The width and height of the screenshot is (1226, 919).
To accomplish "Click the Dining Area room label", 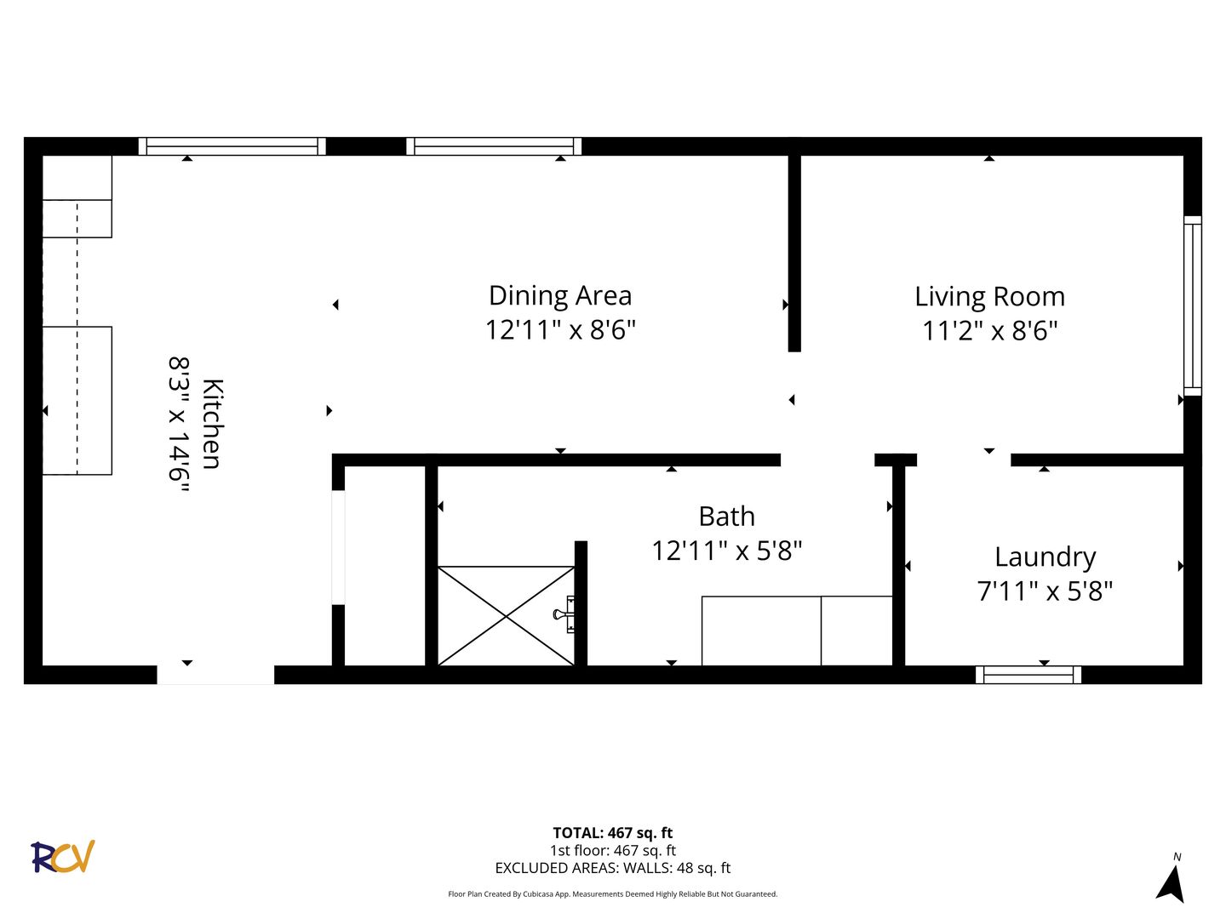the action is pyautogui.click(x=559, y=296).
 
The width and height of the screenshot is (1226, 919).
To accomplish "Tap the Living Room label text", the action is pyautogui.click(x=989, y=297).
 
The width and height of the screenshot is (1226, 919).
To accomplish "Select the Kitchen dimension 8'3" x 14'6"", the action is pyautogui.click(x=179, y=425).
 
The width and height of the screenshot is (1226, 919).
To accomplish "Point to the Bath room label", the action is pyautogui.click(x=726, y=517).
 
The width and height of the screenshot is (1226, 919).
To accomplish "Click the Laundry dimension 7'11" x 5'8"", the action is pyautogui.click(x=1045, y=591).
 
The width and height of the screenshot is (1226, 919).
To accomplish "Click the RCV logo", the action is pyautogui.click(x=62, y=856).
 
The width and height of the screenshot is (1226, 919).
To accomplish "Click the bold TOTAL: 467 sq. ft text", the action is pyautogui.click(x=613, y=833).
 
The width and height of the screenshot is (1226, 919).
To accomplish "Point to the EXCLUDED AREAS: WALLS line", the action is pyautogui.click(x=613, y=868).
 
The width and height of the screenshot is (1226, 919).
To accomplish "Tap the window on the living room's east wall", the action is pyautogui.click(x=1193, y=305).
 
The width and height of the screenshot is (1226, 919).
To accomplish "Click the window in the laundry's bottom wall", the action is pyautogui.click(x=1028, y=675).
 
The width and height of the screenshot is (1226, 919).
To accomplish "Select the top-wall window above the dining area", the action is pyautogui.click(x=494, y=146).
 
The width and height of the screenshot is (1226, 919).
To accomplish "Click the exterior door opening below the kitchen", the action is pyautogui.click(x=215, y=675).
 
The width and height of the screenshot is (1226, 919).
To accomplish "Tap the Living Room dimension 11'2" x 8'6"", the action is pyautogui.click(x=989, y=331).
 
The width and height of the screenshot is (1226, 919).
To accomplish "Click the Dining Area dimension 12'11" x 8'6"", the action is pyautogui.click(x=560, y=330).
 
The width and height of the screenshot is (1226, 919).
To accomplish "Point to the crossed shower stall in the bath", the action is pyautogui.click(x=506, y=616).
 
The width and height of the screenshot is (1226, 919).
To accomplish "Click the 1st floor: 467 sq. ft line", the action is pyautogui.click(x=613, y=850).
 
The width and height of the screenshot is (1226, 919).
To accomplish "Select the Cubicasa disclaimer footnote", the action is pyautogui.click(x=613, y=893).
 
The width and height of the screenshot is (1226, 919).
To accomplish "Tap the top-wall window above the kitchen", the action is pyautogui.click(x=232, y=146).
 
